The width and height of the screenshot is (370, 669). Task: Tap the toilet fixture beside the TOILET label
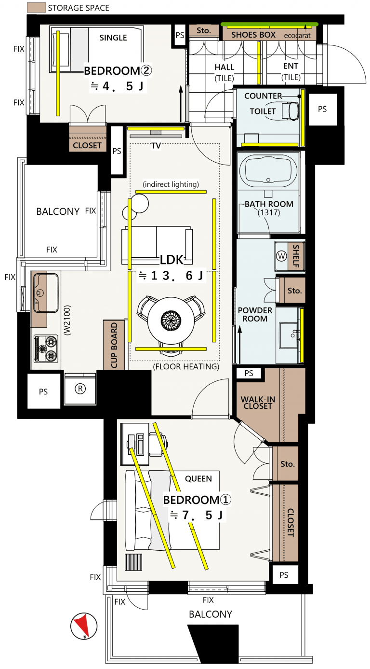pyautogui.click(x=290, y=111)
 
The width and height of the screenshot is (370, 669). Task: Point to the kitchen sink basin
pyautogui.click(x=46, y=293)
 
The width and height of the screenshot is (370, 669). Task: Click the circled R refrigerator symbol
pyautogui.click(x=80, y=389)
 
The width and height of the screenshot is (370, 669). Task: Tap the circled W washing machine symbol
pyautogui.click(x=281, y=256)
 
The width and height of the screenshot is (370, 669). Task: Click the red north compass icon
pyautogui.click(x=84, y=626)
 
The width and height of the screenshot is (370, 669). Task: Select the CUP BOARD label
pyautogui.click(x=114, y=345)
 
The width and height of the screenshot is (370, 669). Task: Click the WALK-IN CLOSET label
pyautogui.click(x=258, y=403)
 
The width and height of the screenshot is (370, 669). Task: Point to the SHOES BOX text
pyautogui.click(x=253, y=35)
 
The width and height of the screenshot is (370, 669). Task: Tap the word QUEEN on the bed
pyautogui.click(x=198, y=479)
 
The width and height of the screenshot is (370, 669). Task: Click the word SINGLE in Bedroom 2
pyautogui.click(x=113, y=38)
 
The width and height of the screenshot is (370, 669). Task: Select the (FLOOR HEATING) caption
pyautogui.click(x=186, y=366)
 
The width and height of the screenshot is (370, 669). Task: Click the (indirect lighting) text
pyautogui.click(x=171, y=184)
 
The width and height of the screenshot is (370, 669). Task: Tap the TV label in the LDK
pyautogui.click(x=156, y=146)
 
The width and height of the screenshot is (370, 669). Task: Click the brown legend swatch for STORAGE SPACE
pyautogui.click(x=36, y=7)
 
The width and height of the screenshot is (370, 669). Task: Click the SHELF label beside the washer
pyautogui.click(x=296, y=256)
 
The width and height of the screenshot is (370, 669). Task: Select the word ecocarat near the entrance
pyautogui.click(x=297, y=36)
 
